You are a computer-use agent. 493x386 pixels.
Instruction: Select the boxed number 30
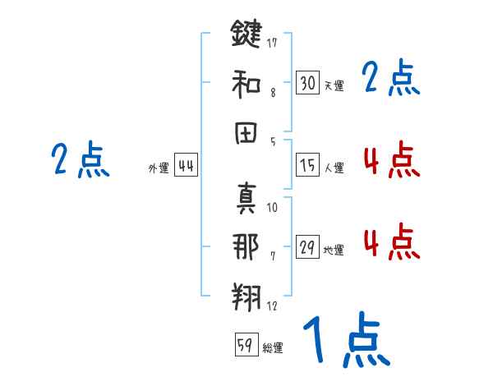click(x=307, y=82)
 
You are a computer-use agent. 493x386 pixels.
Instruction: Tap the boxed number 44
click(x=186, y=166)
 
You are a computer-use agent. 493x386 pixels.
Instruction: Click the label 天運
click(x=334, y=85)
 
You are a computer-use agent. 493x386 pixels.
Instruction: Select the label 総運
click(x=272, y=347)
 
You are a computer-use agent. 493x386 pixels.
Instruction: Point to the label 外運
click(x=159, y=169)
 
